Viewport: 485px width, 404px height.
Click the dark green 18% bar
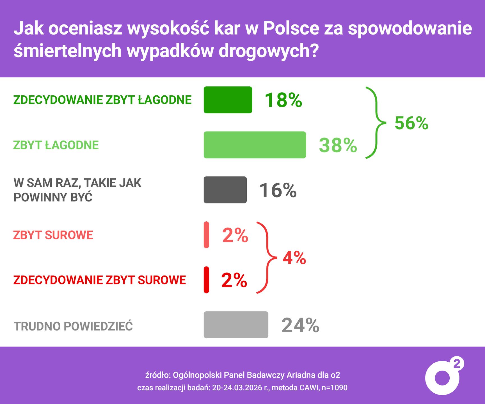tap(228, 100)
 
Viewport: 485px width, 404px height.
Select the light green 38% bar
tap(255, 145)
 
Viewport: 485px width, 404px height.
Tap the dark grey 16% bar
tap(225, 190)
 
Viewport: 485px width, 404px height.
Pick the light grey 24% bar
tap(236, 325)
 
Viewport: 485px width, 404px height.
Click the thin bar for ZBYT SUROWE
tap(206, 235)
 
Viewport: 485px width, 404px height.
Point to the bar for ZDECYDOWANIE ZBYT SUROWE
tap(206, 280)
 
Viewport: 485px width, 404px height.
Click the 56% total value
tap(411, 123)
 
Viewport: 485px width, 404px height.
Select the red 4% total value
tap(294, 258)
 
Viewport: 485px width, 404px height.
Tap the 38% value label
tap(338, 145)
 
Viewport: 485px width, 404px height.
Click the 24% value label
tap(300, 325)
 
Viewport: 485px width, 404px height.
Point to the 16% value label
tap(278, 190)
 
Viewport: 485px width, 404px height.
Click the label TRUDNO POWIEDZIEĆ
tap(73, 326)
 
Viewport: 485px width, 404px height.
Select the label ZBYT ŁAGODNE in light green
tap(56, 145)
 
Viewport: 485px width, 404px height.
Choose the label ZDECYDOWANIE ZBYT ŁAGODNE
tap(102, 100)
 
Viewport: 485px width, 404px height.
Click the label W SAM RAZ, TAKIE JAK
tap(77, 183)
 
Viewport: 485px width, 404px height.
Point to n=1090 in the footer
tap(334, 388)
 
